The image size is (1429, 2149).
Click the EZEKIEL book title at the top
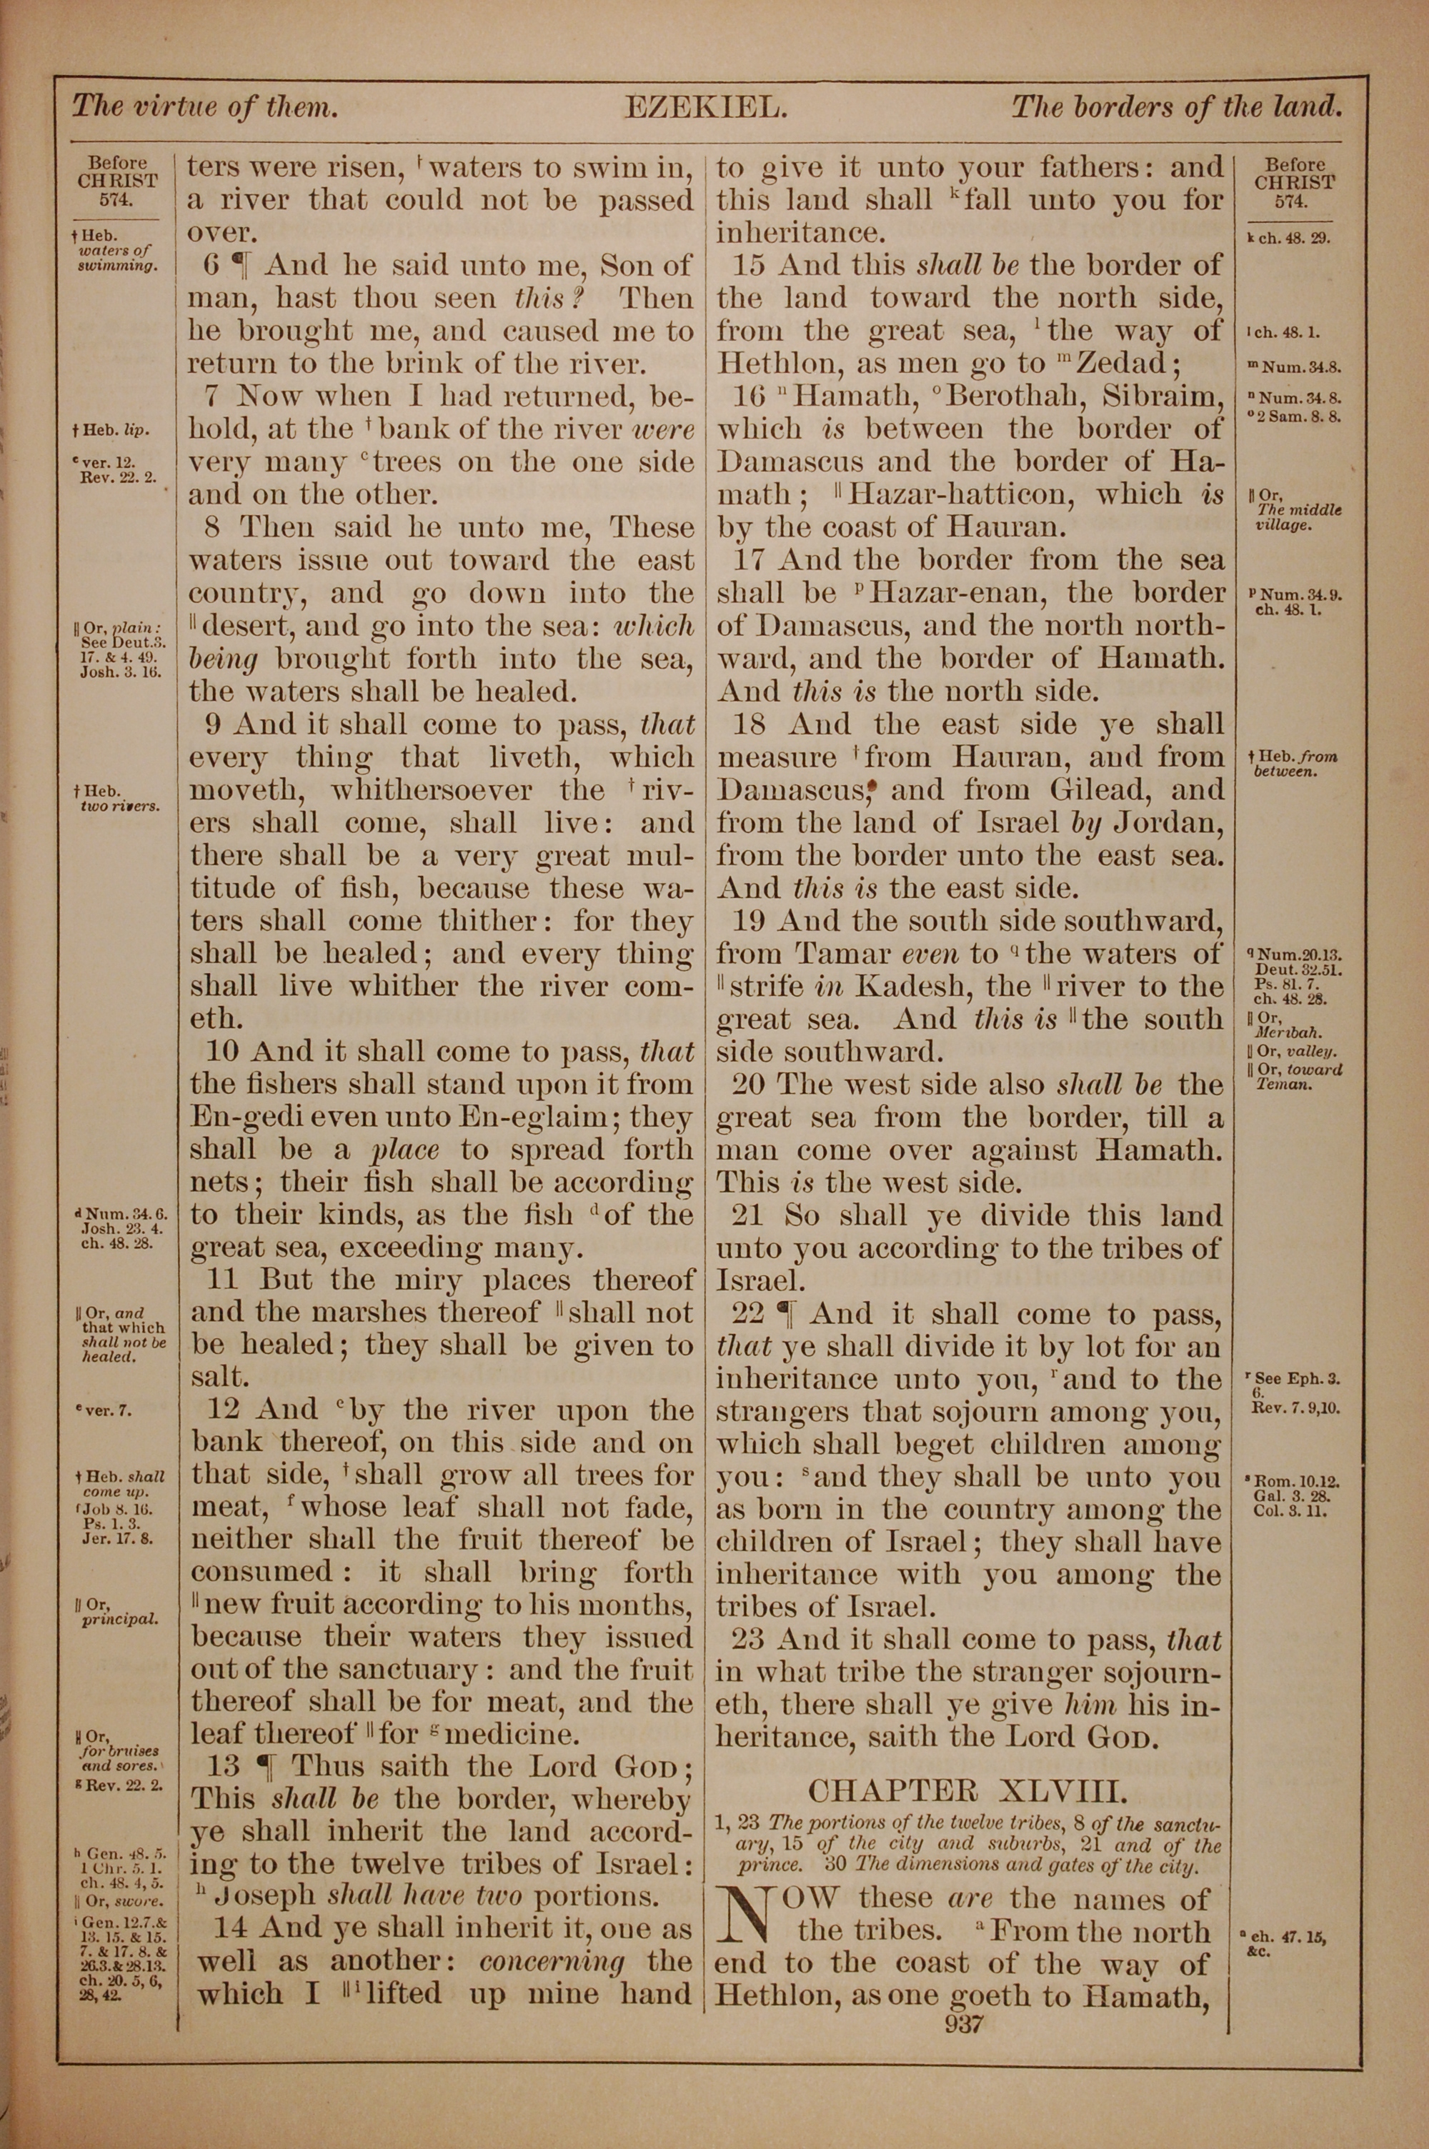705,109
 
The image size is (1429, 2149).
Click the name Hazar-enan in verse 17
955,594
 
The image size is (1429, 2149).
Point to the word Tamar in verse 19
842,954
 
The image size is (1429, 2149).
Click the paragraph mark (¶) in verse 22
785,1314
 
